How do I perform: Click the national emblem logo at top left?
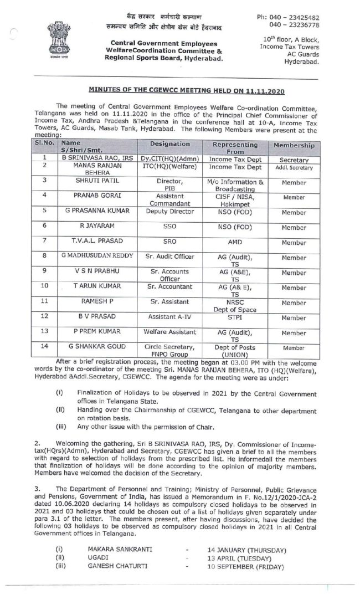tap(58, 36)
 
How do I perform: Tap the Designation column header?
tap(170, 144)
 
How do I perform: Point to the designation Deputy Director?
tap(169, 211)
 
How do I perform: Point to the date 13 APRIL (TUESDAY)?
tap(242, 558)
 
